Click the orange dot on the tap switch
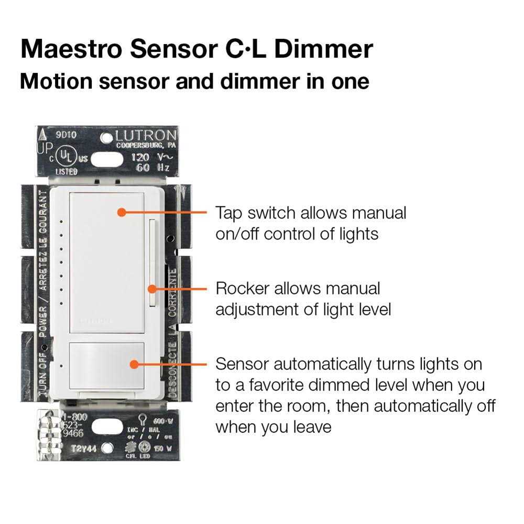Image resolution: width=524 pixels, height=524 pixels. point(121,212)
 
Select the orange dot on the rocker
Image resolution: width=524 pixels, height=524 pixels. point(152,288)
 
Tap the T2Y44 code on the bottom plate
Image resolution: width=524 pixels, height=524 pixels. point(82,448)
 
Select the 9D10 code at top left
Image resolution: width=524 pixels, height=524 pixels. point(67,135)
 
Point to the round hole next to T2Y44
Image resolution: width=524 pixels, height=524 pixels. point(107,448)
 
